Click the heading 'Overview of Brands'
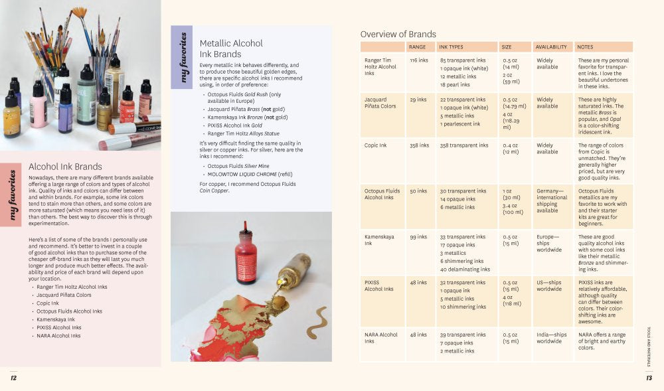tap(398, 35)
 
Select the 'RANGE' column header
tap(418, 47)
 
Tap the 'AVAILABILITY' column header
tap(551, 47)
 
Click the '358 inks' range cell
tap(420, 145)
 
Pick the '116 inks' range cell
tap(419, 60)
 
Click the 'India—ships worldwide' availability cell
tap(551, 338)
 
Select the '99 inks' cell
tap(418, 237)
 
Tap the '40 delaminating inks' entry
tap(465, 270)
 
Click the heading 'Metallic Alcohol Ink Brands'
tap(232, 48)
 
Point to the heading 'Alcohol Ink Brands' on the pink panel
tap(65, 167)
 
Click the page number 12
tap(13, 378)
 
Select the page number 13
tap(649, 378)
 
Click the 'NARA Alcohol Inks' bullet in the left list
tap(58, 336)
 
